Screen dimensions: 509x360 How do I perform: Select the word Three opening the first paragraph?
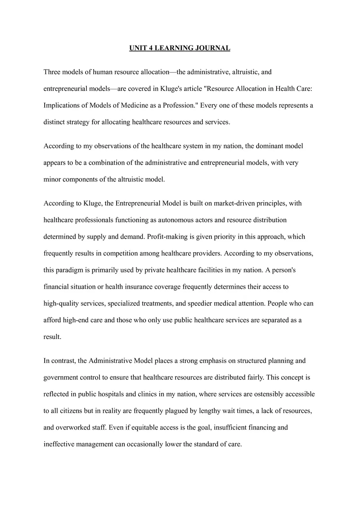click(52, 72)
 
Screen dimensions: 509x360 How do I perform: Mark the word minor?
click(52, 179)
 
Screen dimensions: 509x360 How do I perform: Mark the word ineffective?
click(60, 444)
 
